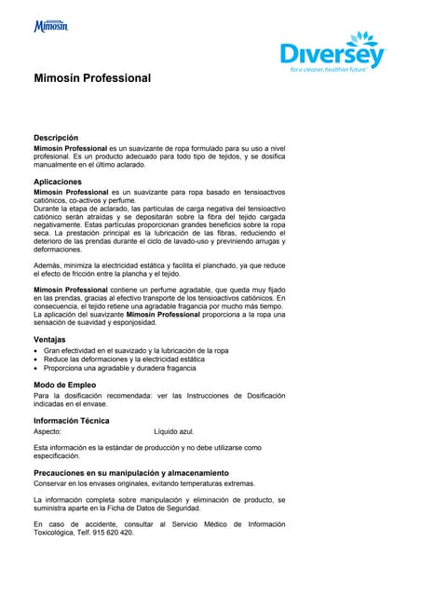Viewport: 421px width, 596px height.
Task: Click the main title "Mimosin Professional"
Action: tap(92, 78)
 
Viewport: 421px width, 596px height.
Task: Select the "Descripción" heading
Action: tap(62, 137)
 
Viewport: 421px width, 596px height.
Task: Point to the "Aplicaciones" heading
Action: tap(64, 182)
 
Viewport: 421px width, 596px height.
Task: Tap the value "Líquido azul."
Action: tap(174, 432)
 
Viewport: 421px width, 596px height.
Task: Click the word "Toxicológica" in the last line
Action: tap(57, 533)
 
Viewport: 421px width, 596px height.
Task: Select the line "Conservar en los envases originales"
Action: tap(143, 483)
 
